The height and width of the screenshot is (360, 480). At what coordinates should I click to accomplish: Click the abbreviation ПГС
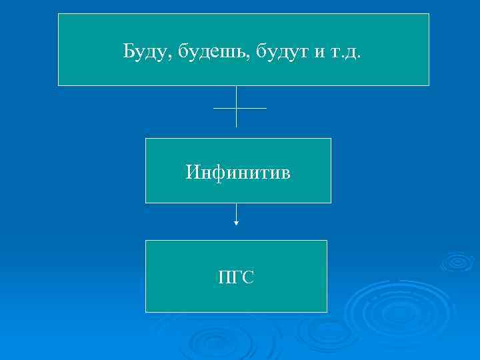(236, 277)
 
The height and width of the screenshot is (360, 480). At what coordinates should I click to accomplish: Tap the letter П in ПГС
(224, 277)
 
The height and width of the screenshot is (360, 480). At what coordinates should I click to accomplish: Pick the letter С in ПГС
(249, 277)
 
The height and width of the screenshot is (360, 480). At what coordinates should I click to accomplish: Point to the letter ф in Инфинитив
(217, 173)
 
